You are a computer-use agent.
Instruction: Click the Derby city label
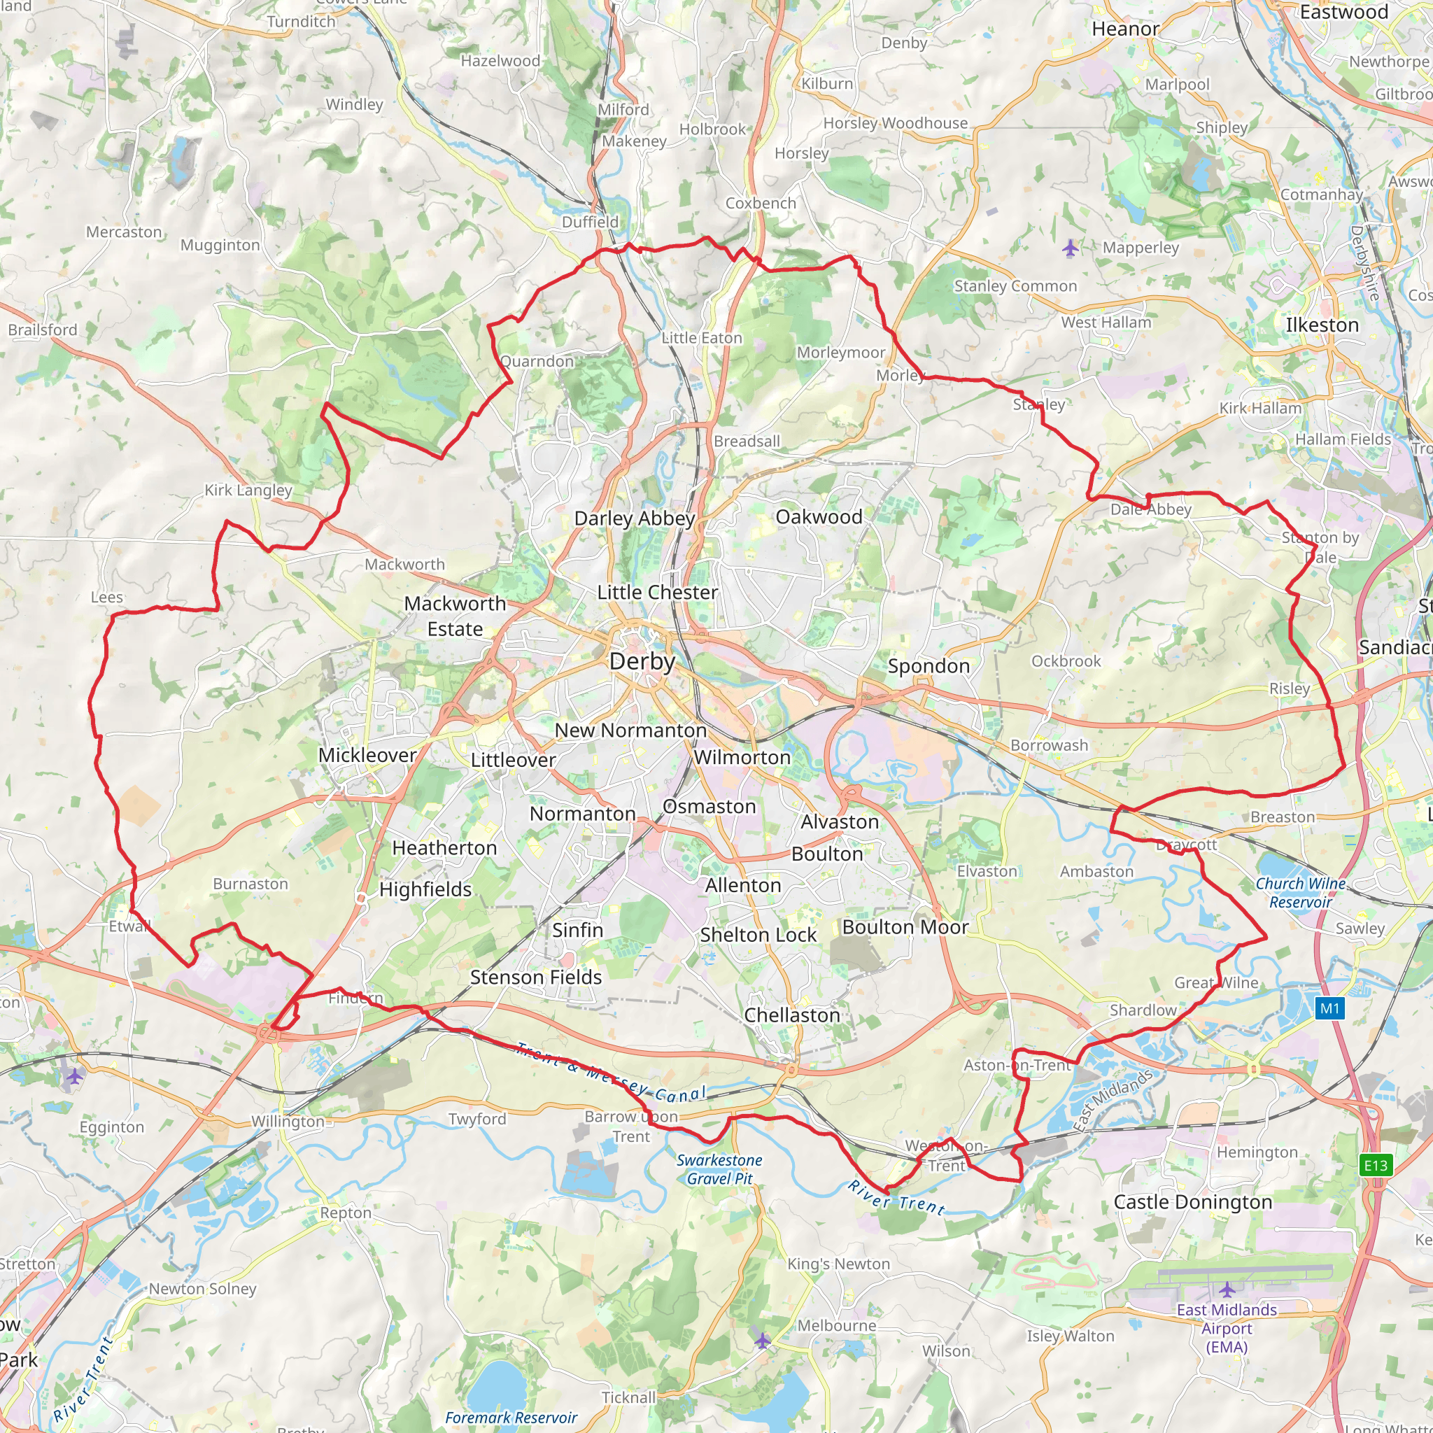point(642,662)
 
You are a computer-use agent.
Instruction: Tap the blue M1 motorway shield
point(1329,1008)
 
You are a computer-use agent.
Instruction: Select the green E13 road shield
point(1375,1165)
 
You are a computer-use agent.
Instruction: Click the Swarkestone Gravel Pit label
point(719,1169)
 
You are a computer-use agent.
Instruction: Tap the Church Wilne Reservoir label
point(1300,893)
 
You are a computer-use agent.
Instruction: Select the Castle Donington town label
point(1193,1201)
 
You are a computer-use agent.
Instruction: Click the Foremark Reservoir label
point(510,1418)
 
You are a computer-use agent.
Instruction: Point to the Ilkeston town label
point(1322,325)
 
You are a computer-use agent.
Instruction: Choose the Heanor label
point(1125,29)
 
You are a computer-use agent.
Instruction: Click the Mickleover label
point(367,755)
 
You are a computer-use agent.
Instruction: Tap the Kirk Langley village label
point(248,490)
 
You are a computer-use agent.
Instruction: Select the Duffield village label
point(590,222)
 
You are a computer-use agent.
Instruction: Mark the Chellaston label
point(791,1015)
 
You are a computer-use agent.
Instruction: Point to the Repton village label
point(346,1213)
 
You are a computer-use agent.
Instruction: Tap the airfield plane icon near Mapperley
point(1069,248)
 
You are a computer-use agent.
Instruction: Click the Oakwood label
point(819,517)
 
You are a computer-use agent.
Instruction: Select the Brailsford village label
point(42,330)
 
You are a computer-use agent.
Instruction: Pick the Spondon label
point(929,666)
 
